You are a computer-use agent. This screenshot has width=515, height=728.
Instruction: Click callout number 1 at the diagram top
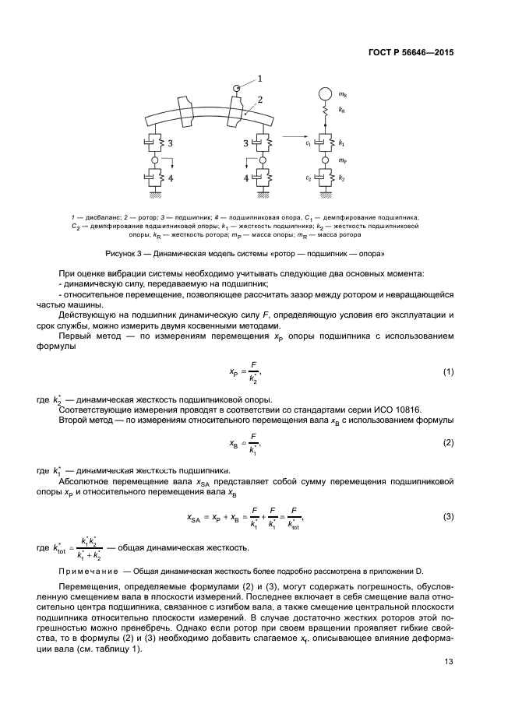tap(259, 78)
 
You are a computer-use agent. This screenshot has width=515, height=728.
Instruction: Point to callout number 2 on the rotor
tap(259, 100)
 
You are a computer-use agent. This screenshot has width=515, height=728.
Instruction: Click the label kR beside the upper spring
tap(342, 112)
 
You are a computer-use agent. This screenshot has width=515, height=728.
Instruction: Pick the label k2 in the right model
tap(342, 179)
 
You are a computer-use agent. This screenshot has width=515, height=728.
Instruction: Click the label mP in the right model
tap(342, 161)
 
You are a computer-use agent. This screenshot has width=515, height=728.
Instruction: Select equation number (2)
tap(448, 442)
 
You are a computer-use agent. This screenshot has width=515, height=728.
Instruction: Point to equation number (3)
tap(448, 516)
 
